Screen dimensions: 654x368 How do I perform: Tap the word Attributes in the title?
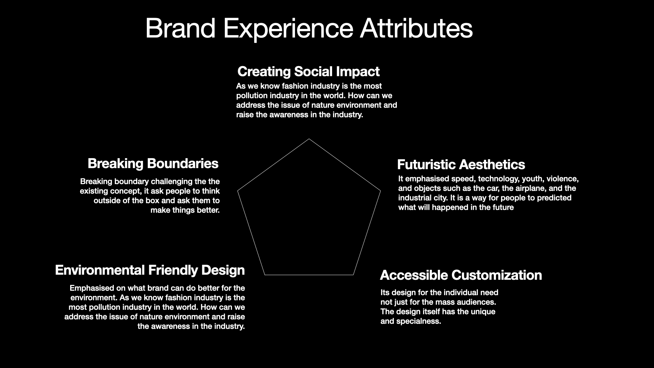(x=416, y=28)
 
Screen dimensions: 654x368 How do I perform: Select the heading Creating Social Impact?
(x=308, y=72)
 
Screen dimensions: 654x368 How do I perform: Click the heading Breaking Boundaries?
(x=153, y=164)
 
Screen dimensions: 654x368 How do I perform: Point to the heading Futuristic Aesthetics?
(x=461, y=165)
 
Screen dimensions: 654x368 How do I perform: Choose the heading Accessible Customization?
(x=461, y=275)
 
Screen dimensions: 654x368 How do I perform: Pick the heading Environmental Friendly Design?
(x=150, y=270)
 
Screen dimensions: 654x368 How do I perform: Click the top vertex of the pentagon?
(x=309, y=139)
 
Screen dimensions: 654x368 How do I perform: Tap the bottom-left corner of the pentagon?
(x=265, y=275)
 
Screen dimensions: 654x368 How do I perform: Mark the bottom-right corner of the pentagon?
(x=353, y=275)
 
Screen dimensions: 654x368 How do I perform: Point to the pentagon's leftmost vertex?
(x=237, y=191)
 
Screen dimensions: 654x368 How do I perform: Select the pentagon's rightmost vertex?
(x=380, y=191)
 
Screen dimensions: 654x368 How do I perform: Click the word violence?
(x=562, y=179)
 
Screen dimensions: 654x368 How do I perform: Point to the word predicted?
(x=554, y=198)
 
